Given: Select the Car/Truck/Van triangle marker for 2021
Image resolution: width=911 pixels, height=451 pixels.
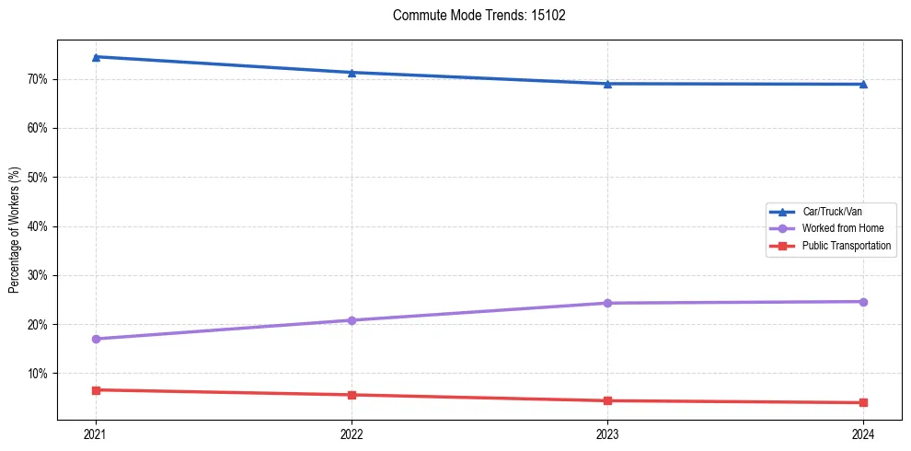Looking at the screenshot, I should [96, 57].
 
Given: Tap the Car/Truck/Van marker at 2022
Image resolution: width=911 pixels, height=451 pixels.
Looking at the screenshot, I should [352, 73].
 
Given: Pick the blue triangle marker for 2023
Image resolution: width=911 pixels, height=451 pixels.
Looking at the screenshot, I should [607, 84].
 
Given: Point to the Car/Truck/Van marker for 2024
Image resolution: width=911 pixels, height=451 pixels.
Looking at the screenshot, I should [863, 85].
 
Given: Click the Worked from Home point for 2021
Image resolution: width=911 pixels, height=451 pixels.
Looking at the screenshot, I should [96, 339].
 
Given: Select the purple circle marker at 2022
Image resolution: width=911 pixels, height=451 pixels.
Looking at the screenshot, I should [352, 320].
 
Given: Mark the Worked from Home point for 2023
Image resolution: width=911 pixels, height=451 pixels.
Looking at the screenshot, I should [607, 303].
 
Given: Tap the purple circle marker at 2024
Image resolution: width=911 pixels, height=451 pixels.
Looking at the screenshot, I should [863, 302].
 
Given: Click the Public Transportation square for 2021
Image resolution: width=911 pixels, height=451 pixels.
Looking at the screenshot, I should [96, 390].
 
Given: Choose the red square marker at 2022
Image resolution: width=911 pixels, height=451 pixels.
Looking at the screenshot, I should [352, 395].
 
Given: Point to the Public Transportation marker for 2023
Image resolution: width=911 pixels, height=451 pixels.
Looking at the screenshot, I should [607, 400].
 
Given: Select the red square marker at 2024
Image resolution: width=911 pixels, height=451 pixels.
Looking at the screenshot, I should [863, 402].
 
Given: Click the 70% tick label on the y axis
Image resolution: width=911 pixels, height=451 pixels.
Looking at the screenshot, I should [39, 79].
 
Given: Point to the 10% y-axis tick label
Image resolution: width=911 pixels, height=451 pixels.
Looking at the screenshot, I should [39, 374].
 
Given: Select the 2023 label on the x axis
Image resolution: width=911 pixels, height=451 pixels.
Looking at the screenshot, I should [607, 434].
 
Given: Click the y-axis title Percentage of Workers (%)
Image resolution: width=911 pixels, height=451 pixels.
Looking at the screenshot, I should [15, 230].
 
